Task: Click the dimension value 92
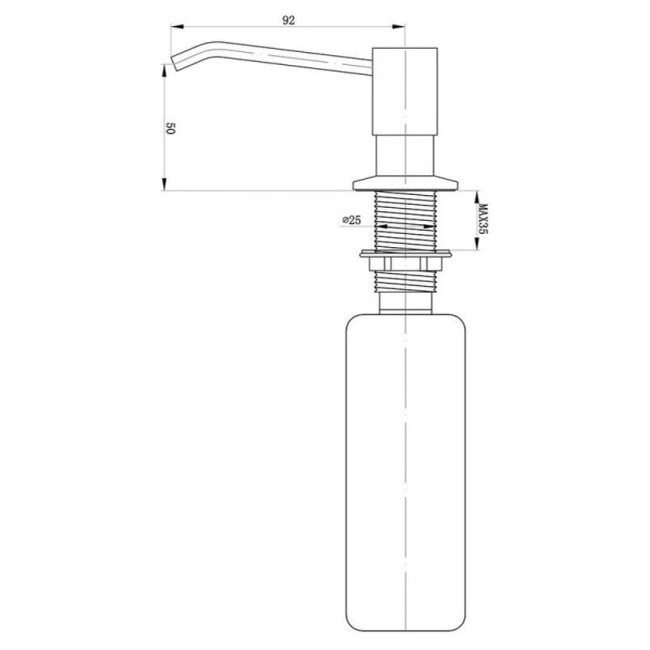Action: coord(288,19)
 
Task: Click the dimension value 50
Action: coord(171,128)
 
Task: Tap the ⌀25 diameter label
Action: coord(352,220)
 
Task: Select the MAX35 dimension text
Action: coord(483,219)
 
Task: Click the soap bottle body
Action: coord(405,472)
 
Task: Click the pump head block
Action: coord(405,91)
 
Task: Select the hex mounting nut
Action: coord(405,263)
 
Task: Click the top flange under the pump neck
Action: coord(405,184)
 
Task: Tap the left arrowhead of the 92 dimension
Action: coord(177,27)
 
